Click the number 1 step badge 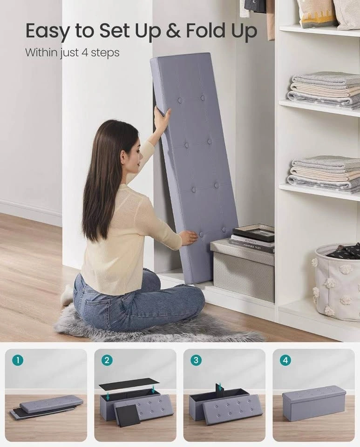(18, 360)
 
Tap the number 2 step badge (107, 360)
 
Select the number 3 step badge (196, 360)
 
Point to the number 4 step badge (285, 360)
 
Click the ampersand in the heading (173, 31)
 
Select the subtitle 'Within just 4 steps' (72, 53)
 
